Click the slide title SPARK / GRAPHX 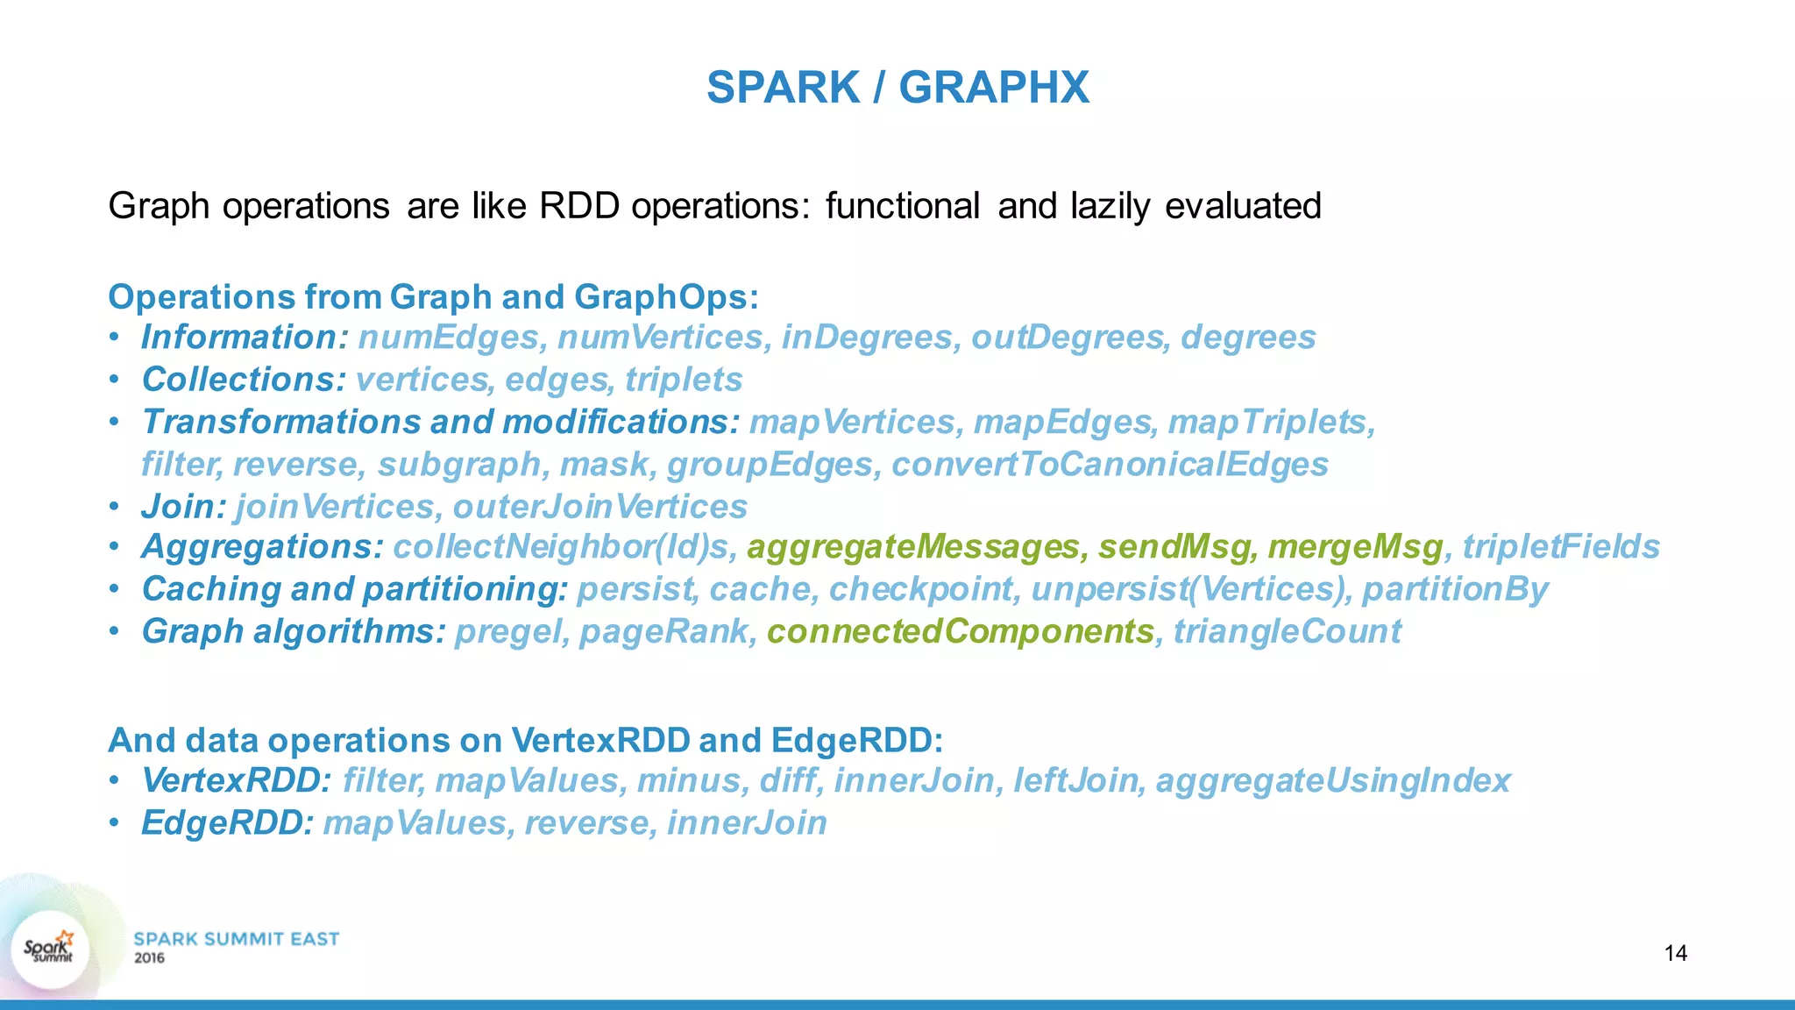[x=897, y=88]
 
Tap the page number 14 [x=1675, y=953]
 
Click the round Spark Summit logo [x=50, y=950]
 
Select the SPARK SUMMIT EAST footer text [x=236, y=939]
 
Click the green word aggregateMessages [x=912, y=547]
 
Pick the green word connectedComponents [x=960, y=631]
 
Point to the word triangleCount [x=1287, y=631]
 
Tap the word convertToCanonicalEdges [x=1110, y=465]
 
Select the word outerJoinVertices [x=600, y=507]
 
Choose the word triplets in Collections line [x=684, y=380]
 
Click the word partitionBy [x=1455, y=589]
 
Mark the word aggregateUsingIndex [x=1333, y=780]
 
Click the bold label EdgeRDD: [x=227, y=822]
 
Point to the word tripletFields [x=1560, y=547]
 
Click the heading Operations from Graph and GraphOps [x=433, y=297]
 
